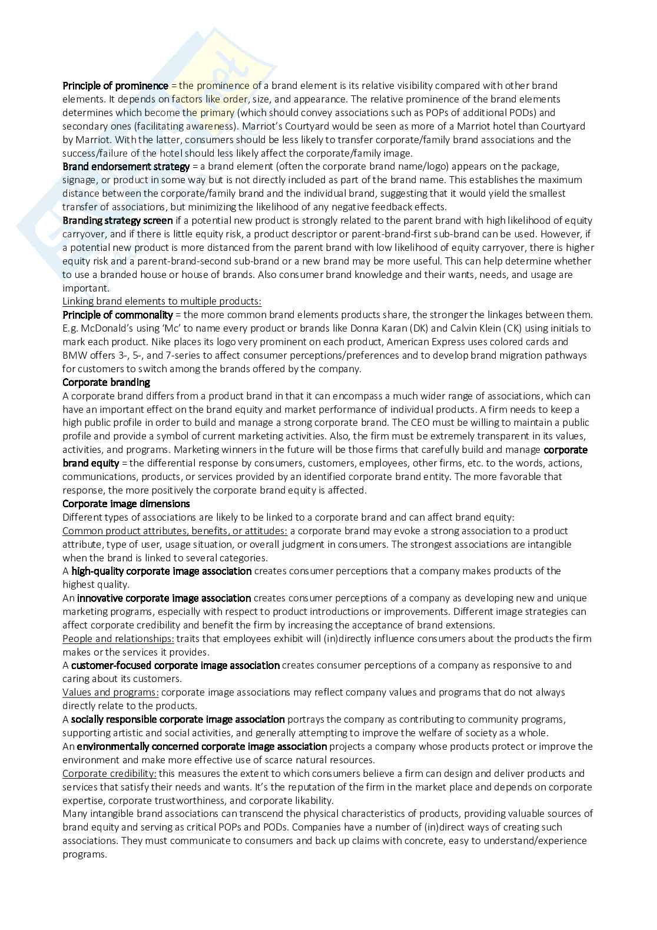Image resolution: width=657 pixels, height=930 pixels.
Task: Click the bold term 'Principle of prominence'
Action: coord(115,85)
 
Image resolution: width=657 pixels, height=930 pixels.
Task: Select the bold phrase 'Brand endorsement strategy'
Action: coord(126,167)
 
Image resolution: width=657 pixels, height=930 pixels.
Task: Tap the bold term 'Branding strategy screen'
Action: coord(118,220)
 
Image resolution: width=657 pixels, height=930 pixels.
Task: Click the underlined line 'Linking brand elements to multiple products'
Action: coord(162,301)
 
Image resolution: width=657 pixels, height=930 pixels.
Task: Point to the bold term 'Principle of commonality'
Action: coord(118,315)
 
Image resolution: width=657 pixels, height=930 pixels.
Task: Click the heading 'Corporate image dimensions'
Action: coord(126,504)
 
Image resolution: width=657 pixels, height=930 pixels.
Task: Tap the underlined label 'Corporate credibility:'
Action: coord(109,773)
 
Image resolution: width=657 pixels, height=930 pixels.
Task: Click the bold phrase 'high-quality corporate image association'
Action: coord(161,571)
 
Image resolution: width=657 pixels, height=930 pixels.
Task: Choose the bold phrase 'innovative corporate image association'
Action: coord(164,598)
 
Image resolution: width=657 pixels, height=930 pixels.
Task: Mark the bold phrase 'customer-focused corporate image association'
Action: coord(175,665)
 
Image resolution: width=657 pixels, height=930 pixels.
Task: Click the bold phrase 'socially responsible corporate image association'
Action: coord(178,719)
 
